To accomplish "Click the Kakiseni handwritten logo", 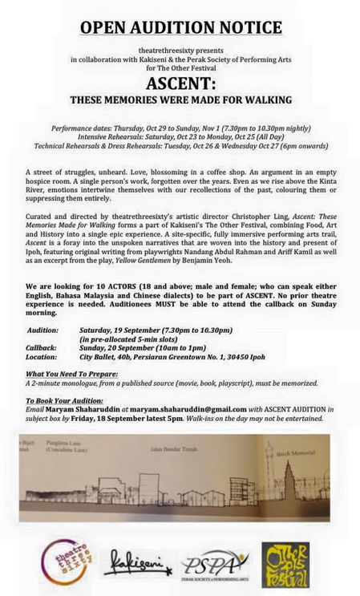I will (137, 562).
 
